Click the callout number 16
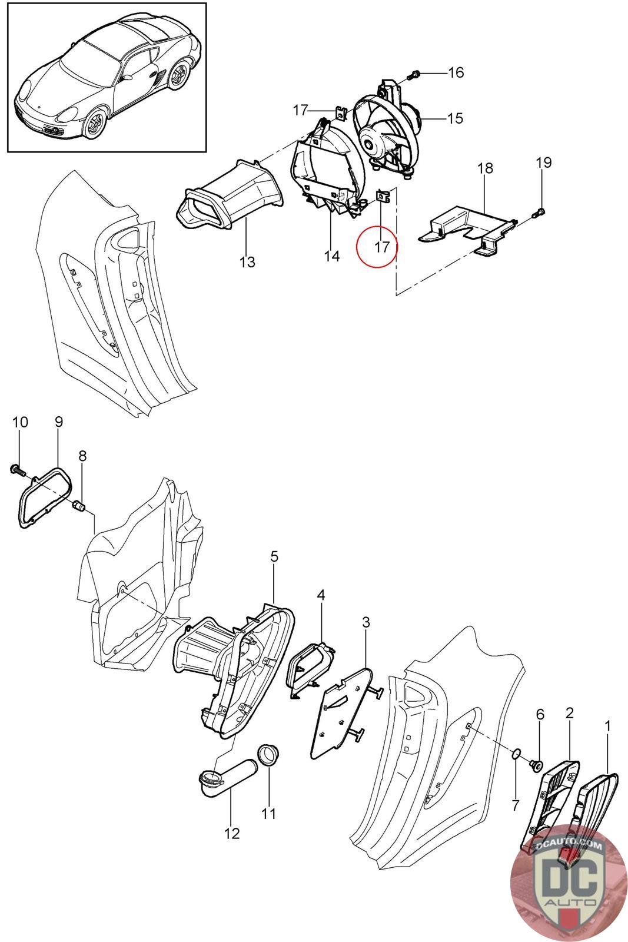(456, 73)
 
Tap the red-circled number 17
(382, 246)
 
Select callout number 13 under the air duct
(248, 262)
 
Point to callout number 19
(544, 162)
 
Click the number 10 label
(20, 422)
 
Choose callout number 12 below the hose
(232, 834)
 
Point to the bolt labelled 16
(414, 75)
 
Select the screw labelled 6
(536, 765)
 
